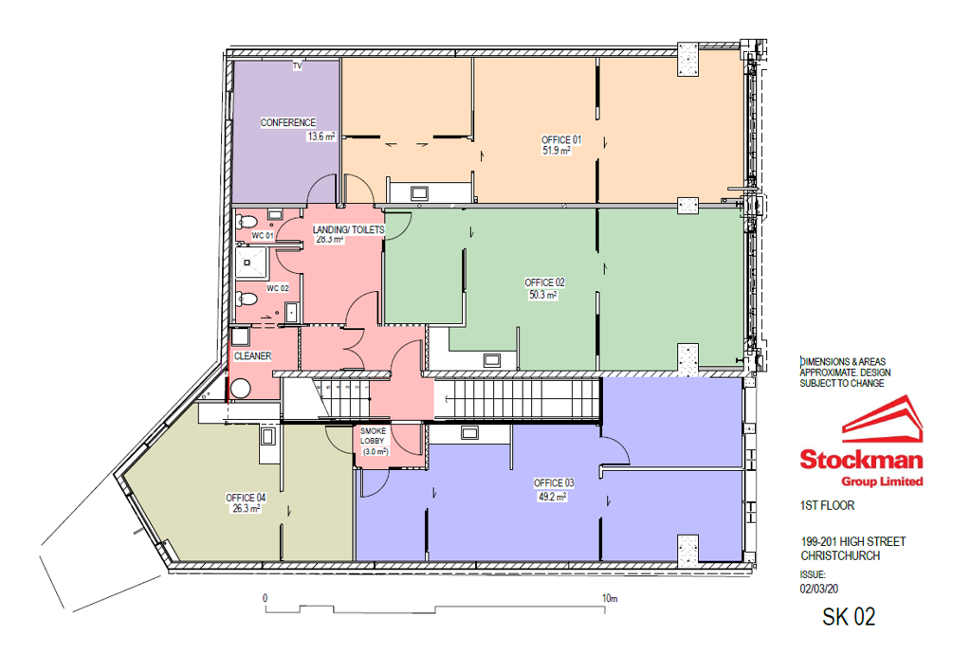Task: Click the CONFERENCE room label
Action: [x=288, y=122]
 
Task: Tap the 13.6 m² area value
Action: [x=321, y=136]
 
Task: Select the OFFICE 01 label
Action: [x=561, y=140]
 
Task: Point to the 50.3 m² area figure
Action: [x=542, y=295]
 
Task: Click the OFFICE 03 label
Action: [x=554, y=482]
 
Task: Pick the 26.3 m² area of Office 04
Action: [x=247, y=509]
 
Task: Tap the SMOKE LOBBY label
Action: [x=373, y=436]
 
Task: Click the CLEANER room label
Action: [x=252, y=355]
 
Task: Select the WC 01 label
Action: [x=263, y=235]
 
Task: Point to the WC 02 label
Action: [x=278, y=288]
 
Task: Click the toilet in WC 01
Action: [x=247, y=222]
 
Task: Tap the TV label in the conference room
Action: [x=297, y=66]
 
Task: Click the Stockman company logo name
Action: [x=861, y=459]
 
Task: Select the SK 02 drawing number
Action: [x=849, y=617]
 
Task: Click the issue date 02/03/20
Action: [x=818, y=589]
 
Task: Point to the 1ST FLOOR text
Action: [x=827, y=505]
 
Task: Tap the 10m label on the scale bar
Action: [x=610, y=598]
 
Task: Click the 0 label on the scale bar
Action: [x=266, y=598]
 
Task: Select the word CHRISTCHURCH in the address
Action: [x=840, y=555]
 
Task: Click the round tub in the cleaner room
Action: [x=240, y=389]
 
